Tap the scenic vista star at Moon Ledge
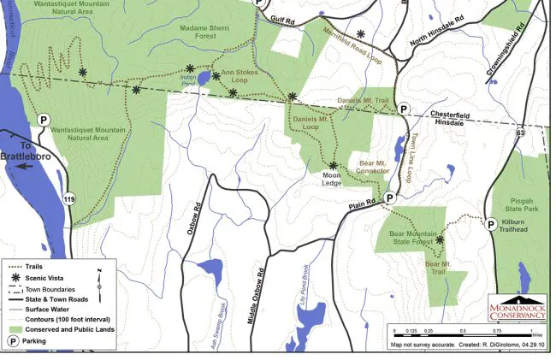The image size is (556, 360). click(x=333, y=165)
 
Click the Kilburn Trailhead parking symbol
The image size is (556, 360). click(x=491, y=223)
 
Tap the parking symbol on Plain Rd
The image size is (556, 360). click(x=389, y=198)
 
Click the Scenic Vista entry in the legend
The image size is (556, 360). click(x=15, y=277)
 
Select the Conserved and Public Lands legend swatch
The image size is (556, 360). click(x=15, y=329)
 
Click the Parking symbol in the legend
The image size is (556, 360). click(x=15, y=340)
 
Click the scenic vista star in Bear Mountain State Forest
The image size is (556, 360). click(x=440, y=240)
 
